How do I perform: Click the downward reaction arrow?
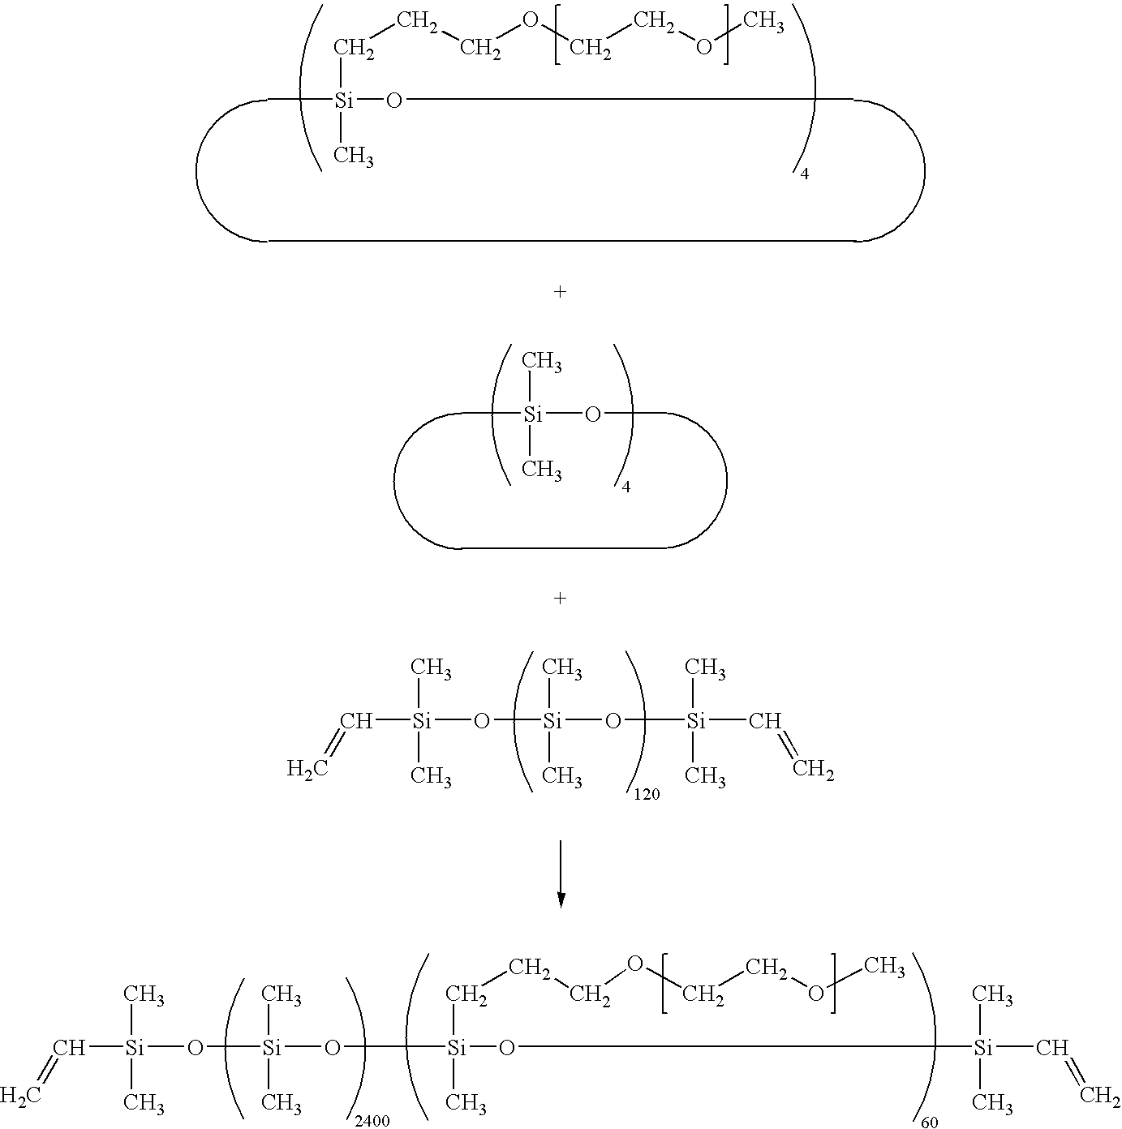tap(561, 874)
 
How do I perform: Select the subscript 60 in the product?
tap(930, 1122)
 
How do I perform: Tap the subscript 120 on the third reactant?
tap(647, 795)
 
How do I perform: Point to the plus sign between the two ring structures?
tap(561, 291)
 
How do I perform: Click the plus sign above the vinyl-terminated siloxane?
tap(561, 598)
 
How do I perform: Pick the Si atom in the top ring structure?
tap(344, 101)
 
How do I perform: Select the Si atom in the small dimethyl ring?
tap(533, 414)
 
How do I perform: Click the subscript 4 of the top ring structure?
tap(804, 174)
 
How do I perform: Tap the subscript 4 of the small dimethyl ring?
tap(626, 487)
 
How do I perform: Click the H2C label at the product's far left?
tap(20, 1095)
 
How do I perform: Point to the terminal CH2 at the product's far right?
tap(1100, 1095)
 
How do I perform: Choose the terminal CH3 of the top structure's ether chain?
tap(764, 22)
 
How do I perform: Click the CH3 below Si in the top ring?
tap(354, 157)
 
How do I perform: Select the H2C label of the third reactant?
tap(307, 767)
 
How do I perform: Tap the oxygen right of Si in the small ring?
tap(593, 414)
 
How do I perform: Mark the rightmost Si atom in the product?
tap(983, 1048)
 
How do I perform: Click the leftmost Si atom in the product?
tap(135, 1048)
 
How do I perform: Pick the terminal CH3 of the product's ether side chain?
tap(884, 966)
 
